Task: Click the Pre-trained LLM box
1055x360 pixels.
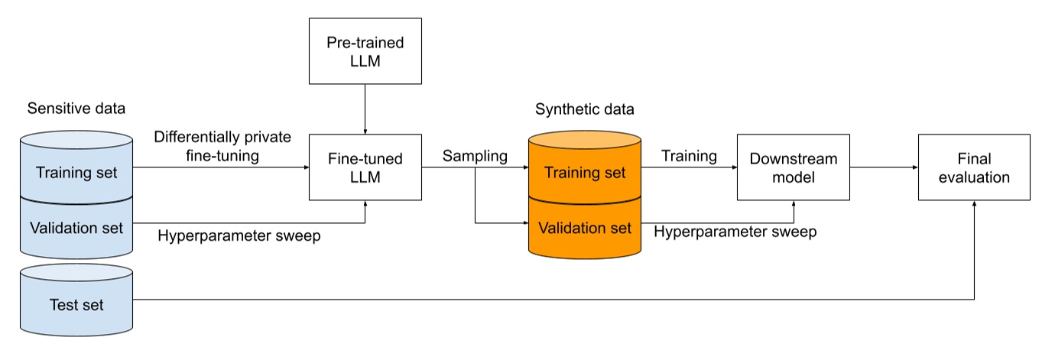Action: coord(365,51)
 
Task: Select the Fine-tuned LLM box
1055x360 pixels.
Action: coord(365,167)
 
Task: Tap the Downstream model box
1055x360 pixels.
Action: coord(793,167)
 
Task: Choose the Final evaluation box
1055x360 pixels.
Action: coord(974,167)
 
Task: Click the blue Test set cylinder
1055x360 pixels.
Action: coord(76,305)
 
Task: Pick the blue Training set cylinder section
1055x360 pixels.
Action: coord(76,173)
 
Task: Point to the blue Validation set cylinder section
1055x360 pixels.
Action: coord(76,227)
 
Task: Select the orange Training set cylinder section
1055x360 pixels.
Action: coord(585,173)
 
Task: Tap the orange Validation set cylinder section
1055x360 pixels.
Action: coord(585,228)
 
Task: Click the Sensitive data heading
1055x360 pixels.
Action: coord(76,108)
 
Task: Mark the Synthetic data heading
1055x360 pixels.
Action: coord(585,109)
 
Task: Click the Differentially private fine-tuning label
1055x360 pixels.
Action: coord(222,145)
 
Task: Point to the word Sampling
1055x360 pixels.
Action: coord(476,156)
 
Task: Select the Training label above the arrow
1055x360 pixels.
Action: coord(689,156)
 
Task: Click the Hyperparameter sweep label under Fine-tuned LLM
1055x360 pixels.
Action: coord(239,235)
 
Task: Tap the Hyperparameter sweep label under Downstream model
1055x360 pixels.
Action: coord(735,232)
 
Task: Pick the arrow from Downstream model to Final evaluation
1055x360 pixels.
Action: coord(883,167)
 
